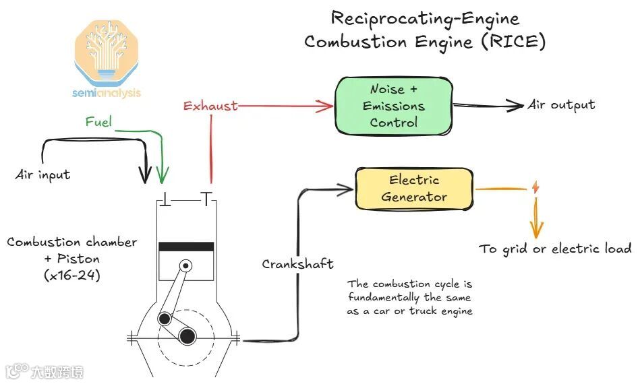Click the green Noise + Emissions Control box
coord(394,106)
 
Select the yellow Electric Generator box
coord(414,188)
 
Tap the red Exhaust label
coord(210,106)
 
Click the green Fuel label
coord(98,122)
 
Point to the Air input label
coord(43,174)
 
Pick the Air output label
coord(561,104)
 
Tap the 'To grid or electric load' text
coord(555,249)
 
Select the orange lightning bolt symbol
coord(535,188)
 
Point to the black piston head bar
coord(185,247)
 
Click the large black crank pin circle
coord(187,335)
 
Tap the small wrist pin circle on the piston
coord(185,266)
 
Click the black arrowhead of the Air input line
coord(144,177)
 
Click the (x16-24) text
coord(72,275)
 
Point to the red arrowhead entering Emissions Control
coord(328,105)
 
